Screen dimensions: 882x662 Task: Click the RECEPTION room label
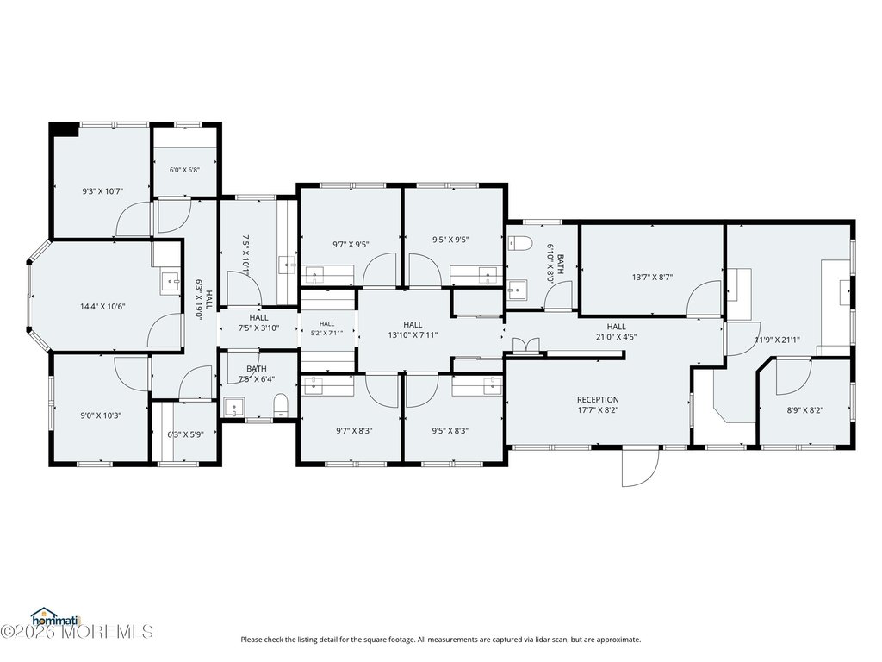(598, 405)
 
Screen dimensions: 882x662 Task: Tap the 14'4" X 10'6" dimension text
(102, 307)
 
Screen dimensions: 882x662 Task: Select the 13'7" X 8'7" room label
(653, 277)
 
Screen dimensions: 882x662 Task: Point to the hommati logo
(56, 617)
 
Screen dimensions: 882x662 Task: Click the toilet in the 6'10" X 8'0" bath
(519, 244)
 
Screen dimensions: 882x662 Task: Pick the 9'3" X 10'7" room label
(102, 191)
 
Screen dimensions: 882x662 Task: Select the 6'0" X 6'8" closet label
(185, 170)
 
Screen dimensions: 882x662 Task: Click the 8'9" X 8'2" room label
(805, 410)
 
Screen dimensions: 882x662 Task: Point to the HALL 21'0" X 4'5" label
(617, 332)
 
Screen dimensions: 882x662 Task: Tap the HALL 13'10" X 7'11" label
(413, 330)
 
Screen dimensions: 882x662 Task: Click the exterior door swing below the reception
(640, 466)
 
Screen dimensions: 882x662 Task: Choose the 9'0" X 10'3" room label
(101, 416)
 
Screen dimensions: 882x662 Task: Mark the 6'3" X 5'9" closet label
(185, 434)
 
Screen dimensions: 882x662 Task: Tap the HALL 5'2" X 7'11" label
(326, 328)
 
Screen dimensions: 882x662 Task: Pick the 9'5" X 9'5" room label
(450, 240)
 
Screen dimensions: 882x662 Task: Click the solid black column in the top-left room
(65, 129)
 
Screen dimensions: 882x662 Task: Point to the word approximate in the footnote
(623, 640)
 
